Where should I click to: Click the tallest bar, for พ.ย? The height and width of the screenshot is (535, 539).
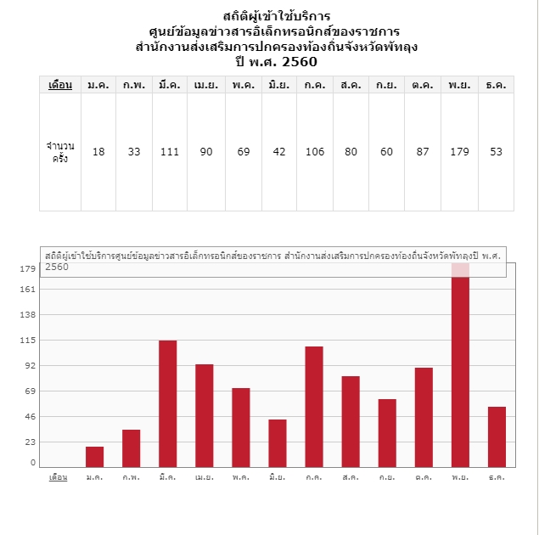click(x=460, y=365)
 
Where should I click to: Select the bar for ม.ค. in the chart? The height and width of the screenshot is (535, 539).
click(x=94, y=456)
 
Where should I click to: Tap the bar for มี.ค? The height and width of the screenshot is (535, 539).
click(x=167, y=403)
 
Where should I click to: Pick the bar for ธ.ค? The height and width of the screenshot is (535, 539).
click(x=497, y=436)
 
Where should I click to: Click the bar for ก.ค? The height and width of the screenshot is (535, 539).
click(x=314, y=406)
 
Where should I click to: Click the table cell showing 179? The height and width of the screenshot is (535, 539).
click(x=459, y=152)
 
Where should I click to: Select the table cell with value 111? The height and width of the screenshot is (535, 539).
click(x=170, y=152)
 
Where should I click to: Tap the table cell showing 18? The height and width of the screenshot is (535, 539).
click(x=98, y=152)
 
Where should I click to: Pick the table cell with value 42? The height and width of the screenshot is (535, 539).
click(x=278, y=152)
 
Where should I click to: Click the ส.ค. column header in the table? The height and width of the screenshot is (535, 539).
click(x=350, y=85)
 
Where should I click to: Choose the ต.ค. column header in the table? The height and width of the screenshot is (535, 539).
click(x=422, y=85)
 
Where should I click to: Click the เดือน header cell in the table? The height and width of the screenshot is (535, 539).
click(x=60, y=85)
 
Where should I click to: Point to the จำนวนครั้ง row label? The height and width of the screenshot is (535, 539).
click(x=60, y=152)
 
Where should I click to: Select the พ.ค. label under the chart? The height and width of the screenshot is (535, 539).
click(x=241, y=477)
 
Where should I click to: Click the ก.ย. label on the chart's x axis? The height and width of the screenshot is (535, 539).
click(x=387, y=477)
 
